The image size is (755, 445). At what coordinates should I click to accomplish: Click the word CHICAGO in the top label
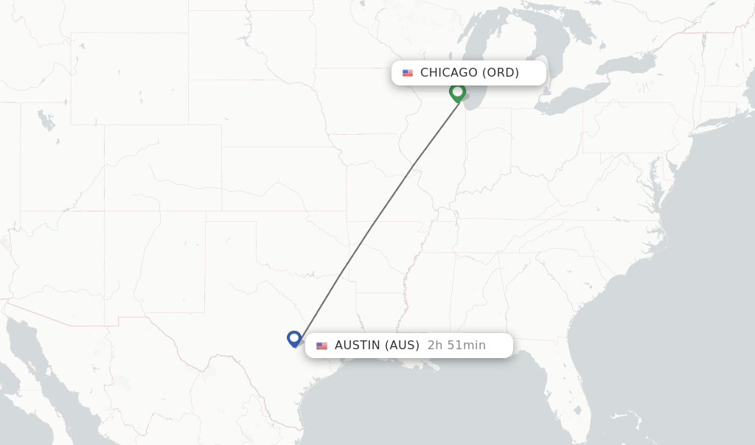448,73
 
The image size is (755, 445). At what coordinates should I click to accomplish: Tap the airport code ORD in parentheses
501,73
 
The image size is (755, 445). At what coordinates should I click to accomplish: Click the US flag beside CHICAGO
408,73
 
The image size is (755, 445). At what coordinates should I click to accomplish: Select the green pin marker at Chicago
457,92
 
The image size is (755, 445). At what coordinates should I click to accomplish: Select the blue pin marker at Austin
294,338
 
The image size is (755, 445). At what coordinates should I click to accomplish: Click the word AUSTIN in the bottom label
358,346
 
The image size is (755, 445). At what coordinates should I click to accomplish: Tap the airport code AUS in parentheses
403,346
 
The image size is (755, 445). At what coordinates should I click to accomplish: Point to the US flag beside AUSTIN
321,346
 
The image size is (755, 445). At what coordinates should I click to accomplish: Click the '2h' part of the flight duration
435,346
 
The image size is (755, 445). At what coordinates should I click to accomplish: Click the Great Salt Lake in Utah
46,119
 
